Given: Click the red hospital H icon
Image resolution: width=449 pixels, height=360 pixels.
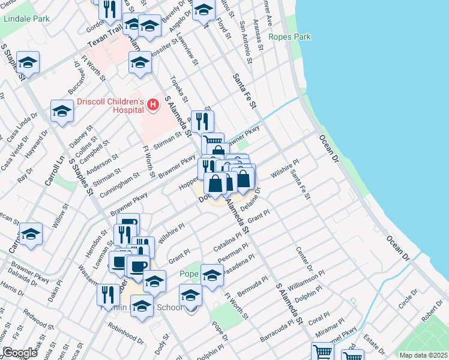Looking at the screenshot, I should (152, 106).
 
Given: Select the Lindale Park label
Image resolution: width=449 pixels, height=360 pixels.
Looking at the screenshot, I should (26, 19).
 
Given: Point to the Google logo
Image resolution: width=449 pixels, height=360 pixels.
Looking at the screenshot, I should (20, 353).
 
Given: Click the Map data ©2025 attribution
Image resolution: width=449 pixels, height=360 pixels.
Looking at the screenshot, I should (424, 355).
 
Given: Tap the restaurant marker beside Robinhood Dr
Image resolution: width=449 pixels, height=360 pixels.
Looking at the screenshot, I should (108, 295).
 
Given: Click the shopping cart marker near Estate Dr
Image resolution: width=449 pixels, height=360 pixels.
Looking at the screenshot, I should (323, 352).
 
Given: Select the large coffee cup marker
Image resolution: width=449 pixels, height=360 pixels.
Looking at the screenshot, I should (138, 266).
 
